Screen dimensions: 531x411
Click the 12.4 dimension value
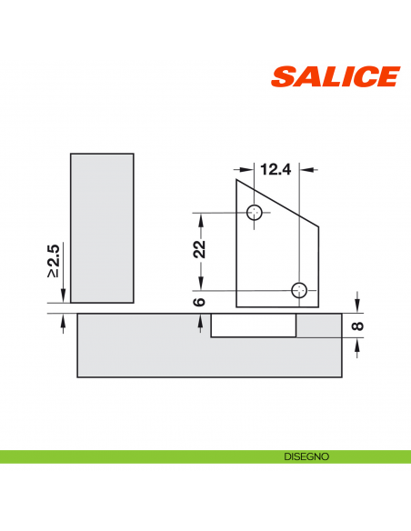276,168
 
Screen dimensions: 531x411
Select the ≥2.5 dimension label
54,261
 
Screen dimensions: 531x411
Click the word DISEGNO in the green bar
305,456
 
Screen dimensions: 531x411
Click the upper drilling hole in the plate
256,213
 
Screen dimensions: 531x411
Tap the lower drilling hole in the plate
299,290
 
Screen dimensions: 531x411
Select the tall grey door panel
102,227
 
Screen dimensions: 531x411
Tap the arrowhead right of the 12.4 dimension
306,168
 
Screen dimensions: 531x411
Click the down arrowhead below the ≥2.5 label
63,297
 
